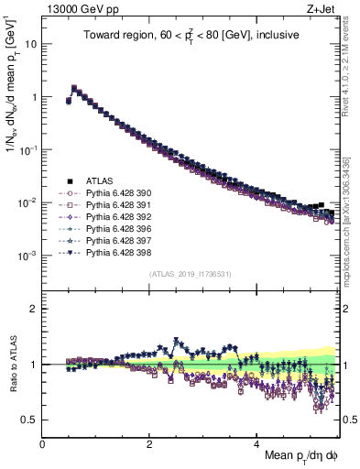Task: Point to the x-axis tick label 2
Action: pos(149,442)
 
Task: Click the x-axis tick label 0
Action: pos(42,442)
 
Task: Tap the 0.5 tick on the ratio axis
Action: pos(29,420)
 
